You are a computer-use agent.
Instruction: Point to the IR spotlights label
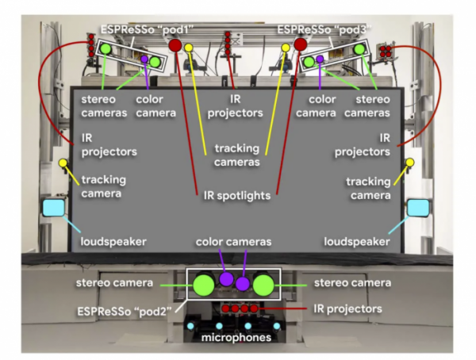[237, 193]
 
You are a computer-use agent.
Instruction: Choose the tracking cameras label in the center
[237, 155]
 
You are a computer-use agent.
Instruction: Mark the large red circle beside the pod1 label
[176, 44]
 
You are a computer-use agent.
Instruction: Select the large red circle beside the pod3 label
[300, 43]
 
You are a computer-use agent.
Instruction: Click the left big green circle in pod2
[204, 283]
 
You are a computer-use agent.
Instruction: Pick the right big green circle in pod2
[264, 283]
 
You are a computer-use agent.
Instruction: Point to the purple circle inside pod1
[144, 59]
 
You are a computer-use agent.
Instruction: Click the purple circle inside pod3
[320, 59]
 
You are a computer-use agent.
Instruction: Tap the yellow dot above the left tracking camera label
[63, 163]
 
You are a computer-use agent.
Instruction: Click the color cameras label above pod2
[235, 241]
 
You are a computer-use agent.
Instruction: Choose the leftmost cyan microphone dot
[190, 326]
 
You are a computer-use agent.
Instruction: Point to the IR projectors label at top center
[235, 106]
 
